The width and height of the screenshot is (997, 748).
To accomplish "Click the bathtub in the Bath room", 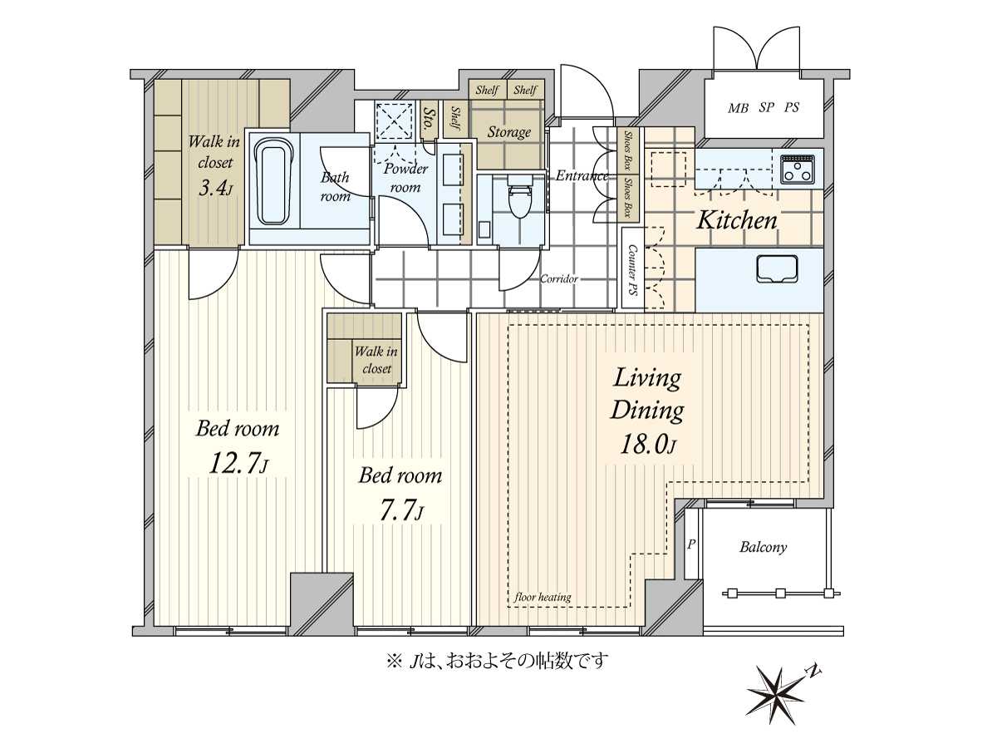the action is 271,182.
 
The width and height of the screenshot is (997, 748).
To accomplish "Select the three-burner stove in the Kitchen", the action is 797,170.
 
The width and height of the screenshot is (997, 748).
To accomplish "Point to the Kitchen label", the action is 737,221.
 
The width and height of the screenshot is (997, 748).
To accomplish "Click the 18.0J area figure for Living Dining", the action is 647,444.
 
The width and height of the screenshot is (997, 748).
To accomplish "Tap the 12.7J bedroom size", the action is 238,464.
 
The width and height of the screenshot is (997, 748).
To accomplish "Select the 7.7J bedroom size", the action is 401,511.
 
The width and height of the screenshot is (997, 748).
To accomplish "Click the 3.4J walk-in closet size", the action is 215,187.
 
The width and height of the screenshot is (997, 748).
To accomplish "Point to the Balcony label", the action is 763,547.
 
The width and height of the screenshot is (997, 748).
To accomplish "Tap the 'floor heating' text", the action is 543,597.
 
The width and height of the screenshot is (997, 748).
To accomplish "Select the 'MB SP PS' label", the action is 763,108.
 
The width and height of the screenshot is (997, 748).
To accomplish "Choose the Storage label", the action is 508,132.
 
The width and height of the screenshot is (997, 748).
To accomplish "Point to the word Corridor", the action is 558,278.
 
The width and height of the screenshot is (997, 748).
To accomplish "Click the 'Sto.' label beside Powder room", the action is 428,119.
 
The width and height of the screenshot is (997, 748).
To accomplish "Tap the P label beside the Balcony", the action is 691,544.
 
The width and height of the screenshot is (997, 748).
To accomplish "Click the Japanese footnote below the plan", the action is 497,662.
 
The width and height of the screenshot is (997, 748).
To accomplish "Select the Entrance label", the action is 582,175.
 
